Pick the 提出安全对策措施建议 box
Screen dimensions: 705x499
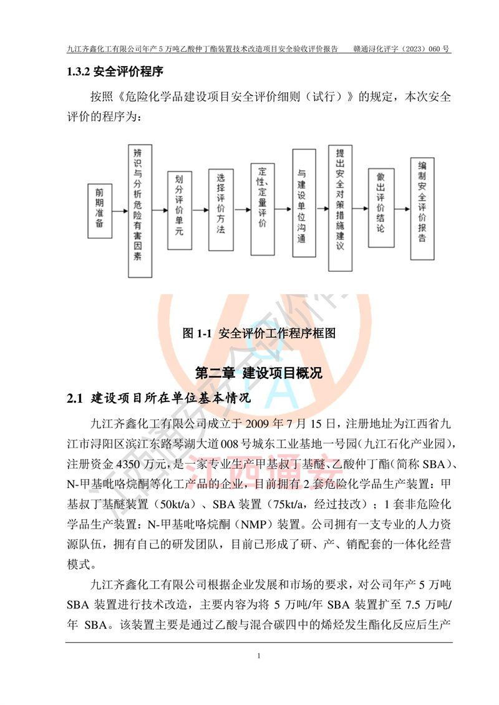[340, 208]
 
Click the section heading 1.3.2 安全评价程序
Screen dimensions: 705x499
[115, 72]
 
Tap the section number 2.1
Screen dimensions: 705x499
[75, 398]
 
